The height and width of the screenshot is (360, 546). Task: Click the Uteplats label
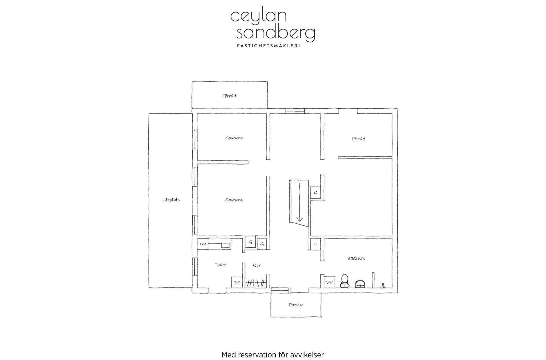tap(171, 200)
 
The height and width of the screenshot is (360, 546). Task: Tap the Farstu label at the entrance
tap(296, 305)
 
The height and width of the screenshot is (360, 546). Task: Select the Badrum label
tap(356, 258)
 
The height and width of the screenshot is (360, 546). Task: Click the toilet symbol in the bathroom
tap(345, 281)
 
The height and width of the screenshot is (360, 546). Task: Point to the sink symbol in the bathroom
tap(360, 284)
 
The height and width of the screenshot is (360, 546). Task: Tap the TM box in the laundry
tap(203, 244)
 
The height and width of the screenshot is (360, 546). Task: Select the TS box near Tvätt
tap(237, 282)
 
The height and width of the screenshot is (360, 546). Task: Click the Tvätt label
tap(220, 265)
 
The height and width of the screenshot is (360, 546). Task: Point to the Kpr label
tap(257, 266)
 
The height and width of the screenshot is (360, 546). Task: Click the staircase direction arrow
tap(299, 202)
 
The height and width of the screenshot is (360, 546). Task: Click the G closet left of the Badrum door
tap(316, 244)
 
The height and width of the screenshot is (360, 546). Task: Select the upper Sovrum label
tap(234, 138)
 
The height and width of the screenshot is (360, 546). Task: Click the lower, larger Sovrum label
tap(234, 200)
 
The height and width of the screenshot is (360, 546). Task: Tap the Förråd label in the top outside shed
tap(229, 96)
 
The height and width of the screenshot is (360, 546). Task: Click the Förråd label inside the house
tap(359, 139)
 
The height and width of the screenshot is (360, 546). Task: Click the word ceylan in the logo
tap(258, 17)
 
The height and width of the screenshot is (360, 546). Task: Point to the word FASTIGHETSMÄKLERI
tap(269, 46)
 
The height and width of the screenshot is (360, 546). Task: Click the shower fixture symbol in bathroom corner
tap(382, 285)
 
